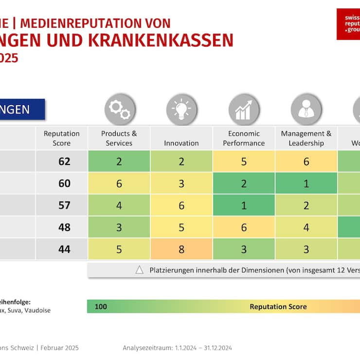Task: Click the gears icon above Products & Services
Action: tap(119, 109)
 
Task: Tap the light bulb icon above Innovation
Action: tap(181, 109)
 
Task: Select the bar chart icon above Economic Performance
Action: tap(244, 109)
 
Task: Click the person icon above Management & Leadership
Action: tap(306, 109)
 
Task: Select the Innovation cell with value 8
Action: tap(181, 249)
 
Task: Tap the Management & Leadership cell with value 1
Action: tap(306, 183)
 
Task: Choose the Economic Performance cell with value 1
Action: tap(244, 205)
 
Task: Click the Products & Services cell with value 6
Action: tap(119, 183)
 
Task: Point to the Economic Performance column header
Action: tap(244, 138)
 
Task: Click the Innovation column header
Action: tap(181, 143)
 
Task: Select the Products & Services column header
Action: tap(119, 138)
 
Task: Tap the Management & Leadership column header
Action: tap(306, 138)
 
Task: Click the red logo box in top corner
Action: tap(348, 24)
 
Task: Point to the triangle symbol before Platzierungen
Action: tap(140, 270)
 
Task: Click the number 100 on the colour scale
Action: tap(101, 306)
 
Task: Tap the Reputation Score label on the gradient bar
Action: tap(278, 306)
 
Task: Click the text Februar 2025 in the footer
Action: tap(59, 348)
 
